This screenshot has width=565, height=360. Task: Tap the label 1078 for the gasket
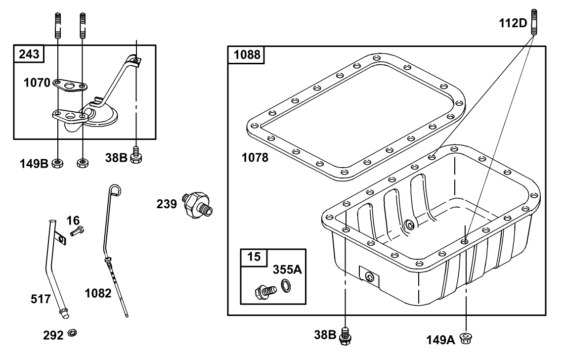(255, 158)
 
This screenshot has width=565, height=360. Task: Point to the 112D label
(513, 24)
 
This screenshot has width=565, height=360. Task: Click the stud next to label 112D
(535, 23)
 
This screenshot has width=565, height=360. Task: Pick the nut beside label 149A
(465, 338)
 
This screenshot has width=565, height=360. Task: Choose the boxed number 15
(253, 257)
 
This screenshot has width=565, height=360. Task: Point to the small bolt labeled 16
(78, 230)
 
